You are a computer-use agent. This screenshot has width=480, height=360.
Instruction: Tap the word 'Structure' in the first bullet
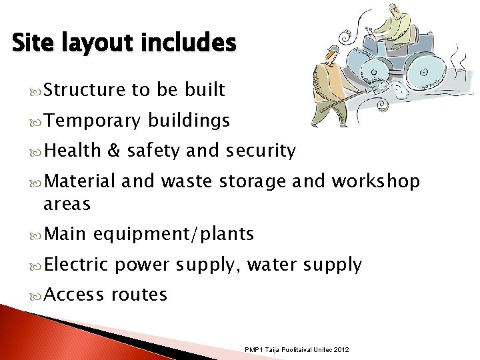[82, 90]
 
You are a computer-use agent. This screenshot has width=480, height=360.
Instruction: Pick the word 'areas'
[67, 203]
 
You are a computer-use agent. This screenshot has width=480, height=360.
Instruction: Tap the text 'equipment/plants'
[174, 234]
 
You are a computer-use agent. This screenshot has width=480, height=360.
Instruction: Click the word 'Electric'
[77, 265]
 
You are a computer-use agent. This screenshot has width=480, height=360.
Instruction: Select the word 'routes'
[139, 294]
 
